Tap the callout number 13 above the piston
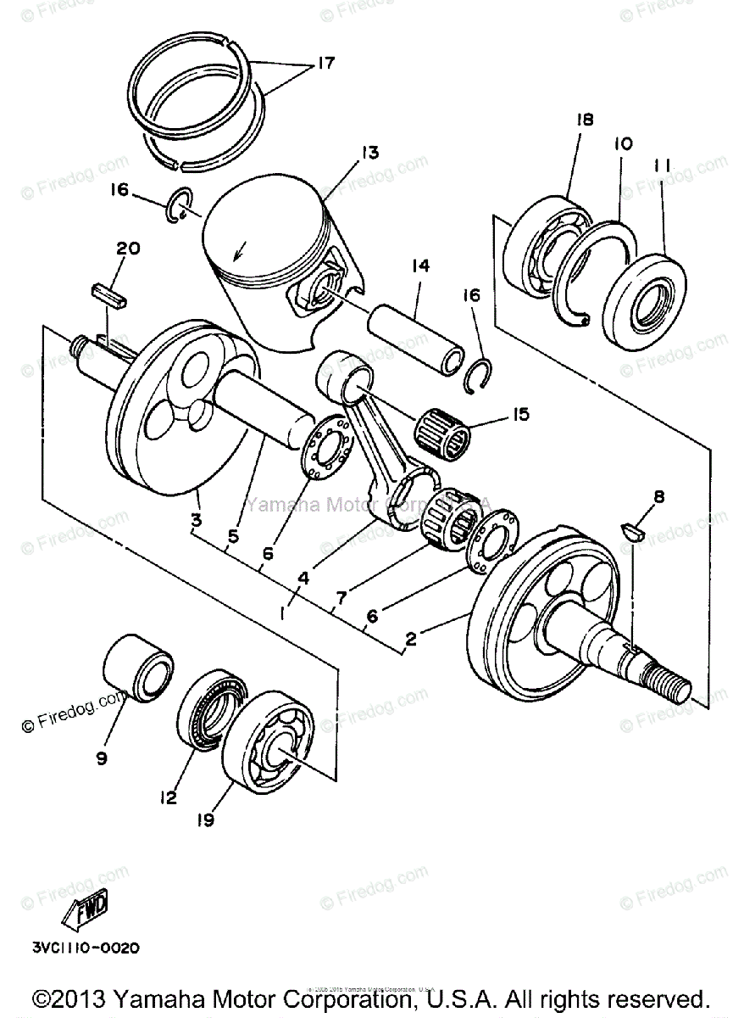click(345, 153)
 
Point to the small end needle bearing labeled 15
click(447, 429)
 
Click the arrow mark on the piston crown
click(242, 250)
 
